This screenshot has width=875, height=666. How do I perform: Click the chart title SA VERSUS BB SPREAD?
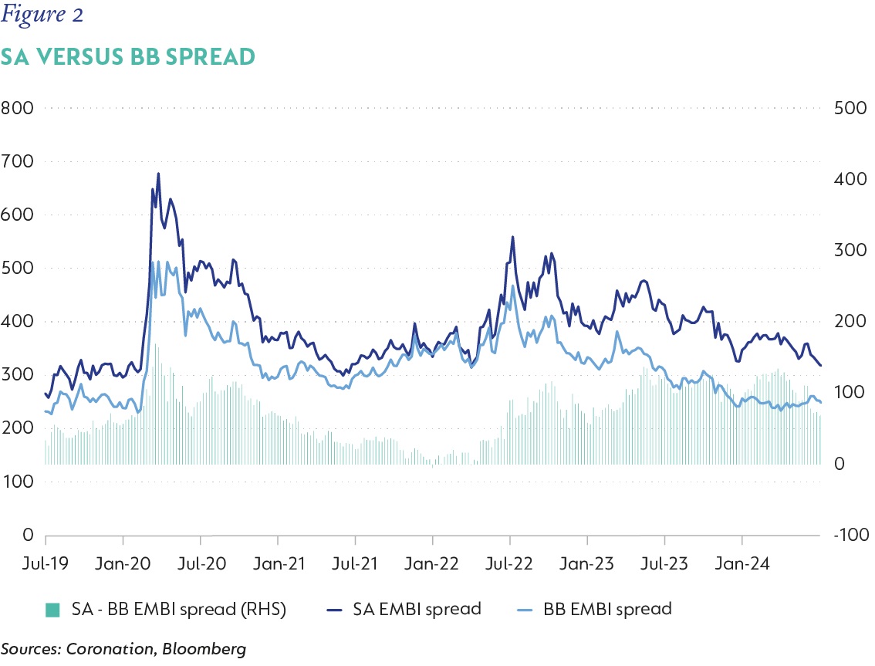(128, 57)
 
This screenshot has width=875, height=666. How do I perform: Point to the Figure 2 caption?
(42, 15)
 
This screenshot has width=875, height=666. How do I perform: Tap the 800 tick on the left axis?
(17, 108)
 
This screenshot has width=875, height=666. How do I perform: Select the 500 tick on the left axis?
(17, 268)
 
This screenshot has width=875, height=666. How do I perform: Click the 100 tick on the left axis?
(17, 482)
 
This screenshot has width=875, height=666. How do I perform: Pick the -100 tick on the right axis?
(851, 535)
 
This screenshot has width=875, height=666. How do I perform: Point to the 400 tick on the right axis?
(850, 178)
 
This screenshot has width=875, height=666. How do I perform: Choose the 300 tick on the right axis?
(850, 249)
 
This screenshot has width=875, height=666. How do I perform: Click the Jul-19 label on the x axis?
(46, 563)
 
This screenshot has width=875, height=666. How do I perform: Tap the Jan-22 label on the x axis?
(431, 563)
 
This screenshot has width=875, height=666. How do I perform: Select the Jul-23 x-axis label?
(664, 563)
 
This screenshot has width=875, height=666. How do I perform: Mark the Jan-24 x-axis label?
(742, 563)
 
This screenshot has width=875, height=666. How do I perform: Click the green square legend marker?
(52, 610)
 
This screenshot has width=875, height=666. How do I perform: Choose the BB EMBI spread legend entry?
(595, 609)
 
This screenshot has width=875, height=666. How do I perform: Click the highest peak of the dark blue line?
(158, 174)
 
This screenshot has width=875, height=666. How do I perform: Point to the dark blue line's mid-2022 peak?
(513, 237)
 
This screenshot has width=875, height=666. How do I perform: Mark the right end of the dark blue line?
(820, 366)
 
